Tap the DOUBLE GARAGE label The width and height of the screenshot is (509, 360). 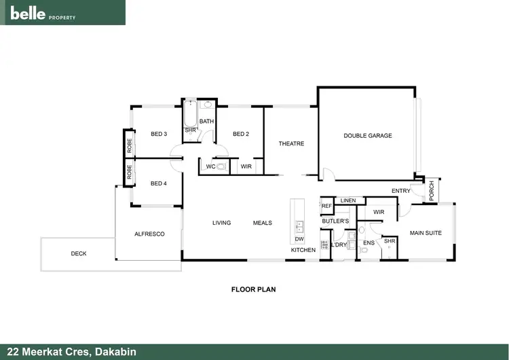point(367,136)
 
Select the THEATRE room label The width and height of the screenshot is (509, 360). point(291,143)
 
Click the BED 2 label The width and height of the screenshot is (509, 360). point(241,134)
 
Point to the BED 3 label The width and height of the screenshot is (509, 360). point(159,134)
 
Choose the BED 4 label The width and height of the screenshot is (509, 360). point(159,183)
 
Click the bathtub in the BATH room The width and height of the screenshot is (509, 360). point(190,113)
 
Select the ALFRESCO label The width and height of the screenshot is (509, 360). point(149,234)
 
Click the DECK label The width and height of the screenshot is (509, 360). point(79,254)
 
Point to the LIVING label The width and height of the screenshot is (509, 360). point(221,223)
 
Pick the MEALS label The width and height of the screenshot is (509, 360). point(263,223)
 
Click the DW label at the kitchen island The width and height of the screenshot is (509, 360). point(299,239)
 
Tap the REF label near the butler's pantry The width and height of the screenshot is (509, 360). point(326,206)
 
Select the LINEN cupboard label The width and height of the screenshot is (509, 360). point(348,200)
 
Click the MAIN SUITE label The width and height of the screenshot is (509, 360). point(426,233)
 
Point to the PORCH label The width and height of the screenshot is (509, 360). point(432,191)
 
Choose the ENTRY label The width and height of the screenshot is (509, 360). point(401,191)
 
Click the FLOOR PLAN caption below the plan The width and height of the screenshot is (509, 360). point(253,289)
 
